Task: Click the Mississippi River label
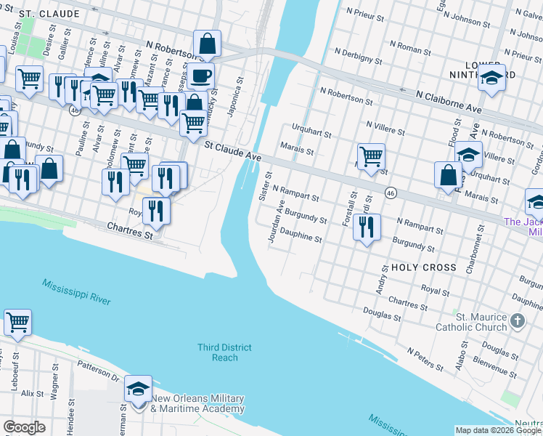pyautogui.click(x=75, y=292)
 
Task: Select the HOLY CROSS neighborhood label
pyautogui.click(x=424, y=267)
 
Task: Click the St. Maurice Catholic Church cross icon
pyautogui.click(x=517, y=320)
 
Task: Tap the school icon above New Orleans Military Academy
pyautogui.click(x=138, y=389)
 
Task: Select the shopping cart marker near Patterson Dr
pyautogui.click(x=17, y=322)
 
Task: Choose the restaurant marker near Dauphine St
pyautogui.click(x=367, y=226)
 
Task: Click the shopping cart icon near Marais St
pyautogui.click(x=371, y=156)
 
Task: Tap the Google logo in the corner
pyautogui.click(x=24, y=427)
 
